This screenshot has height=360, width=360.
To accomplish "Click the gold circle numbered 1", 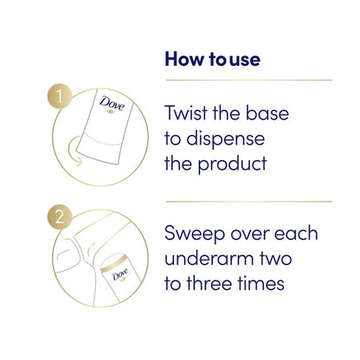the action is click(60, 96).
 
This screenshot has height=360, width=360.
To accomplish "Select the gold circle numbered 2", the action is click(60, 217).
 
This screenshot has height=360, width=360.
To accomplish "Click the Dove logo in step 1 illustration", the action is click(112, 105).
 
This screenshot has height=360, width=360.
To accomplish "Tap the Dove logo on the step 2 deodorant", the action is click(120, 275).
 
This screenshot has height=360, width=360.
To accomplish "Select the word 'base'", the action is click(267, 112).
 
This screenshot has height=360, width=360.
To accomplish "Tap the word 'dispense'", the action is click(226, 139).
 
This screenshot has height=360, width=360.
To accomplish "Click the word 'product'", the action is click(232, 164).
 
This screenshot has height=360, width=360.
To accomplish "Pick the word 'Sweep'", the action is click(195, 234).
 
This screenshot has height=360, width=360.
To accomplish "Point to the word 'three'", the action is click(209, 283).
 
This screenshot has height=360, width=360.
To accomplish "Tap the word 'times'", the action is click(261, 283).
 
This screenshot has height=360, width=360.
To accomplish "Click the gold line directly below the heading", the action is click(249, 80).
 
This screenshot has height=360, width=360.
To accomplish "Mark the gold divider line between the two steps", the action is click(249, 202).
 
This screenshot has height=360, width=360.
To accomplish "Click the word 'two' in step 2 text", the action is click(275, 259).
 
